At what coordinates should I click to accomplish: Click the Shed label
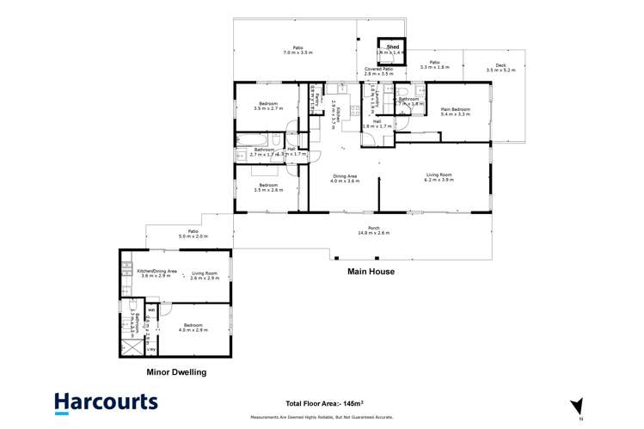392,47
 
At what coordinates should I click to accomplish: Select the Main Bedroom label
456,109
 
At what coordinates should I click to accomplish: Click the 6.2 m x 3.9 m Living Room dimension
439,181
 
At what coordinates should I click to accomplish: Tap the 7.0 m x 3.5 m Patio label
297,52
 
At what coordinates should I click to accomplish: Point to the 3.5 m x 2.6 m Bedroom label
268,187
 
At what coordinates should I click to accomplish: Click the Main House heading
371,272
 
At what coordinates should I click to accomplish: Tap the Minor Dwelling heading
176,372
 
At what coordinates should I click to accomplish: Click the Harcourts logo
106,401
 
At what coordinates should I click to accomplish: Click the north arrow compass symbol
577,404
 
